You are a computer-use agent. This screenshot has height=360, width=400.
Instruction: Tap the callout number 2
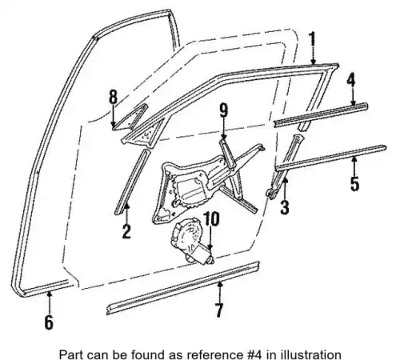[126, 231]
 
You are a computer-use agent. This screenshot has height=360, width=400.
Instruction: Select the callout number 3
[285, 207]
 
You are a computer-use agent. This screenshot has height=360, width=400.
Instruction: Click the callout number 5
[354, 183]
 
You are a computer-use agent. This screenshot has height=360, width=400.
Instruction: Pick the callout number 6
[49, 322]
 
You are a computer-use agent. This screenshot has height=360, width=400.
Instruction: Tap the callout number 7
[218, 310]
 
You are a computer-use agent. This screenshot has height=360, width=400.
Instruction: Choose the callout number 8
[113, 96]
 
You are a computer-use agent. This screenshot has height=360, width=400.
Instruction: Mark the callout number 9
[223, 110]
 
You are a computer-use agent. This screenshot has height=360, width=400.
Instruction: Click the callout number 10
[211, 219]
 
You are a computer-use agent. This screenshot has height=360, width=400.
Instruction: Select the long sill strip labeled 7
[183, 288]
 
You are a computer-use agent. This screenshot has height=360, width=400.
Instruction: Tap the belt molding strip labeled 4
[321, 115]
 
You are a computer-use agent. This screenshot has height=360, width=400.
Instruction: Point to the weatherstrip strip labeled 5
[330, 158]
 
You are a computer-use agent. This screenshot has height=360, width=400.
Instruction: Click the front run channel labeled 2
[132, 182]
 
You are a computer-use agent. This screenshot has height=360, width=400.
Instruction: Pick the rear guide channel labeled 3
[286, 166]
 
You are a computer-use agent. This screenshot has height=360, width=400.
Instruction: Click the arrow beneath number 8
[114, 115]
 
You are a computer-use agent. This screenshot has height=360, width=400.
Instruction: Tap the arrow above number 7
[219, 291]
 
